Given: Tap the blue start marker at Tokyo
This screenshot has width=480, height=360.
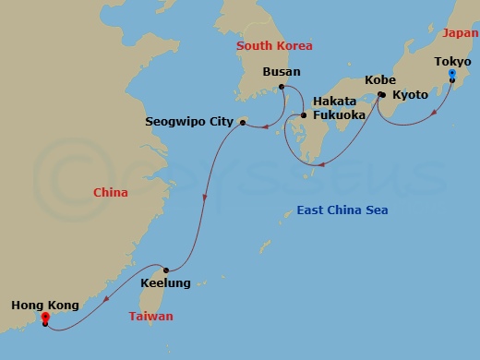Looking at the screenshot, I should [451, 74].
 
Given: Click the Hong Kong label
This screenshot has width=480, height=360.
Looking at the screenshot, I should [44, 305].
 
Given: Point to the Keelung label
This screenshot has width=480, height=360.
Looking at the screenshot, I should [165, 283].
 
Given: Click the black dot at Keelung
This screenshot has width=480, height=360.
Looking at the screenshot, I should [164, 269].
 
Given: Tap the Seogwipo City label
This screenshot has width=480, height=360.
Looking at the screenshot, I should [189, 121].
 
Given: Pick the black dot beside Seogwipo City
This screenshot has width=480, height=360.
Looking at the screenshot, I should [242, 120].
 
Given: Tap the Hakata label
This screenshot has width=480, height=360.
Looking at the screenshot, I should [334, 101].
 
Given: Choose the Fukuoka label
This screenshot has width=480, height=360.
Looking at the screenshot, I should [340, 115].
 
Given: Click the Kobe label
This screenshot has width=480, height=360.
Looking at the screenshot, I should [380, 80].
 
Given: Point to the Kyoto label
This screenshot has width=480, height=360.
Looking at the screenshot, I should [410, 95].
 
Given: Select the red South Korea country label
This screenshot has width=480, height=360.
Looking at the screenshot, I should [274, 45].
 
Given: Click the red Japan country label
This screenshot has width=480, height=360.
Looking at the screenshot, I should [461, 32].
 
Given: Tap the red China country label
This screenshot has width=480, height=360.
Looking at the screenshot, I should [111, 193].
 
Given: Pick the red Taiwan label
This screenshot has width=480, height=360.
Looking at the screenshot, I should [150, 317].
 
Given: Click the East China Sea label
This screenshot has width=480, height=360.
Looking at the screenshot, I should [342, 210].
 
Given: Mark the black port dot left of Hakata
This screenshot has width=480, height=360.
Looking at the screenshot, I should [304, 115].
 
